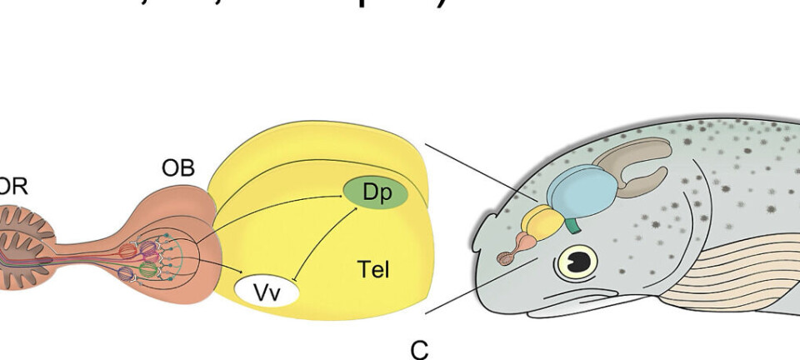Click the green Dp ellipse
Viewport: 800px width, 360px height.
[374, 192]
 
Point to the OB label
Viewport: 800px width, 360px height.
[177, 168]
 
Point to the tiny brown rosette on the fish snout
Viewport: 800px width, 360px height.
[505, 258]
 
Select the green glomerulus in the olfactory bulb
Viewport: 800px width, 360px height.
[147, 270]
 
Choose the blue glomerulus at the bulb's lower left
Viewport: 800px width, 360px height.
[126, 272]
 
